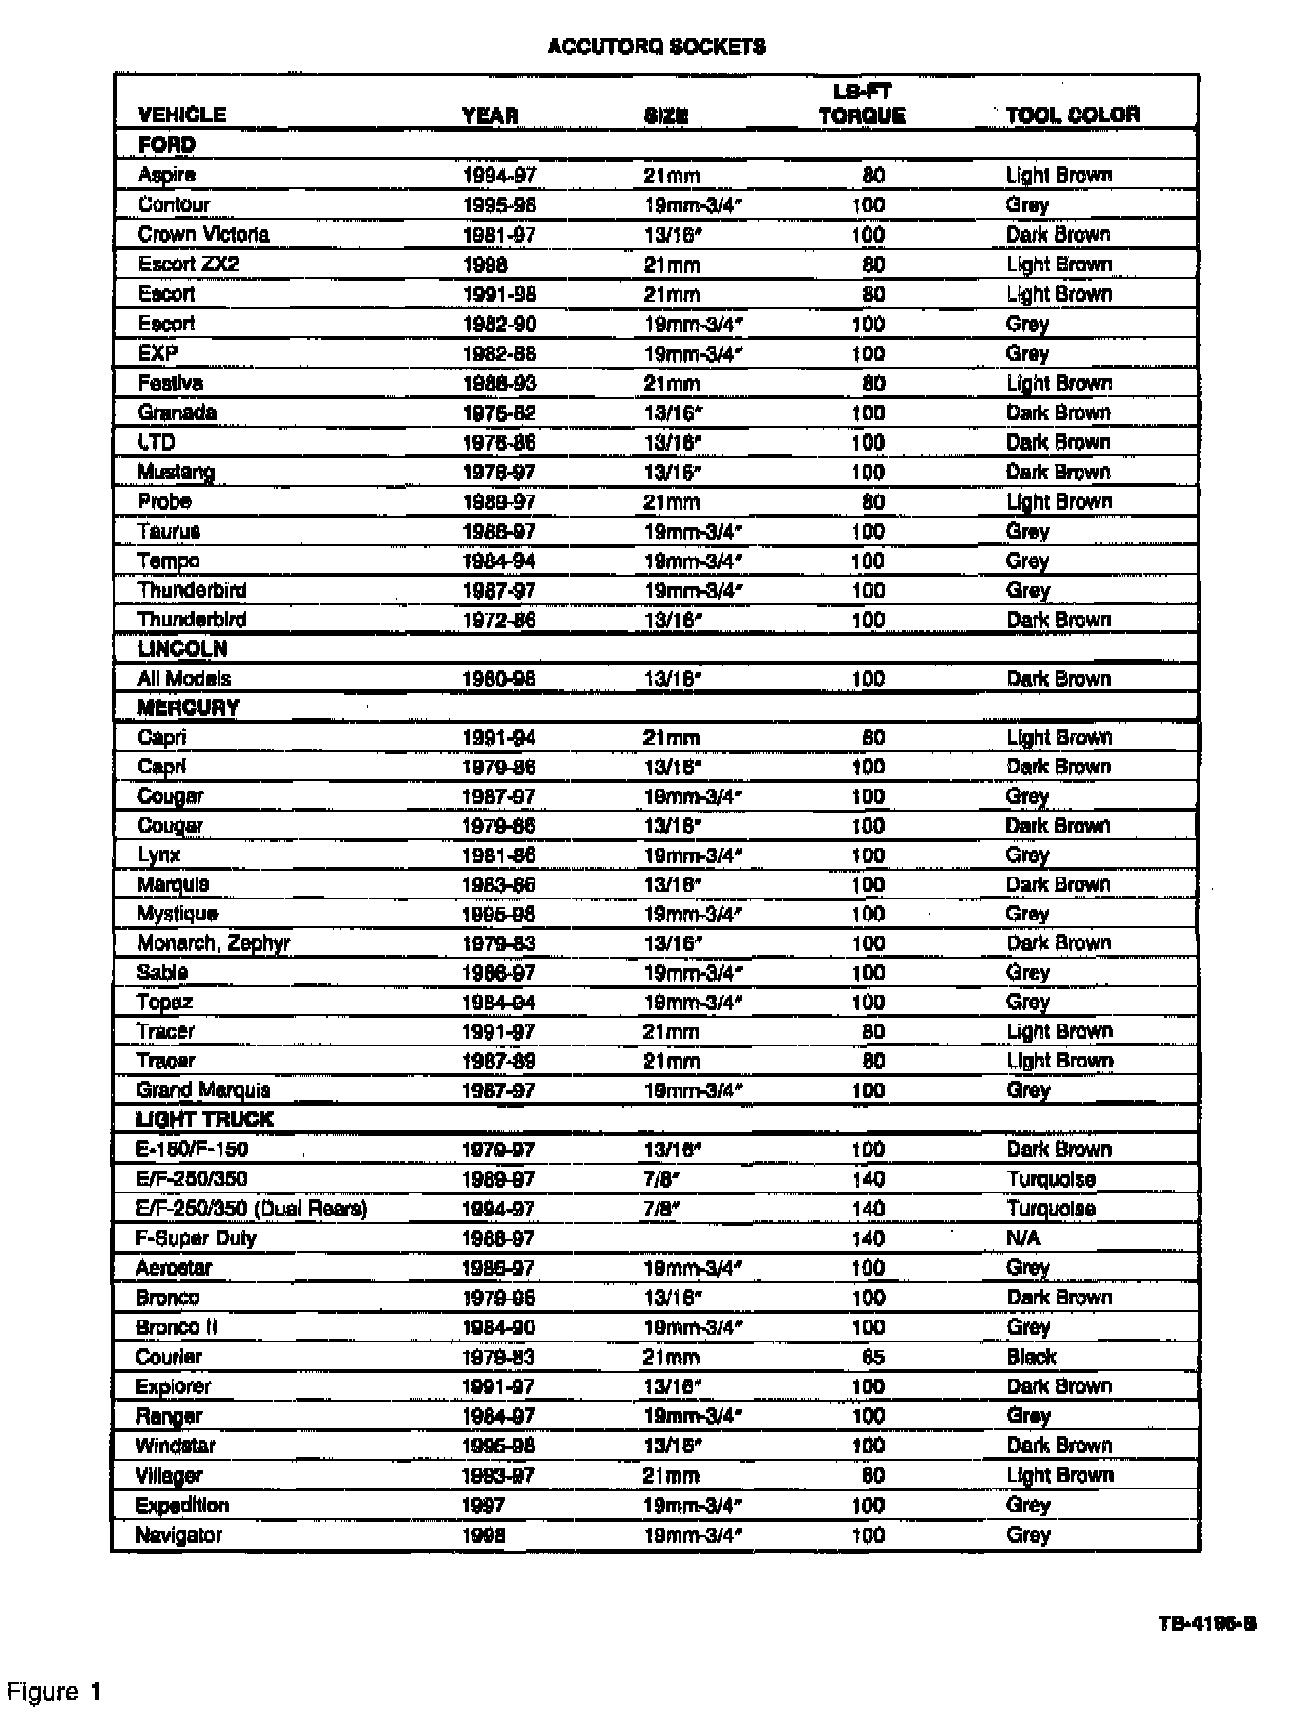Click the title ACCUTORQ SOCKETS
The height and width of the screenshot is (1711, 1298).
pyautogui.click(x=657, y=47)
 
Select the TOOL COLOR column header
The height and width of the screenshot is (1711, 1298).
pyautogui.click(x=1072, y=116)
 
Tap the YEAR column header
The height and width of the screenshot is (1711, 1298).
pyautogui.click(x=490, y=116)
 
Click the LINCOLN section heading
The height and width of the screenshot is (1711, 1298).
pyautogui.click(x=182, y=649)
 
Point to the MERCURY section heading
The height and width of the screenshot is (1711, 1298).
pyautogui.click(x=188, y=708)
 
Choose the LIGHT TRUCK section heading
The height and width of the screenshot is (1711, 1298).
pyautogui.click(x=204, y=1120)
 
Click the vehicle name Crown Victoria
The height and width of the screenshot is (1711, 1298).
pyautogui.click(x=203, y=235)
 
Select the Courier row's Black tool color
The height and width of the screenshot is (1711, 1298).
pyautogui.click(x=1031, y=1357)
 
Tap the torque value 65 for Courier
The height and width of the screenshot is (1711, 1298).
pyautogui.click(x=872, y=1357)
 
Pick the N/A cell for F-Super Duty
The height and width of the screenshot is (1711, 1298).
pyautogui.click(x=1023, y=1238)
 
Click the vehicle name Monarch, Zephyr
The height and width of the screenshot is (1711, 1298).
pyautogui.click(x=214, y=943)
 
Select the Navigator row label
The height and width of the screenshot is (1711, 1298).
pyautogui.click(x=179, y=1535)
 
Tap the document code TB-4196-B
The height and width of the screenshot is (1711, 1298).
pyautogui.click(x=1207, y=1624)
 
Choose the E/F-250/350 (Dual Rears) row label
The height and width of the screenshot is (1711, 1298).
pyautogui.click(x=252, y=1209)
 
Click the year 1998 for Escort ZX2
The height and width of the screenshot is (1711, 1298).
pyautogui.click(x=485, y=264)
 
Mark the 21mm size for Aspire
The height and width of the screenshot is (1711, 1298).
pyautogui.click(x=671, y=176)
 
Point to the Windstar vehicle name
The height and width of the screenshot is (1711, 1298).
pyautogui.click(x=176, y=1446)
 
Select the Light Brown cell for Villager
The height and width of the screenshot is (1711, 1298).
pyautogui.click(x=1059, y=1475)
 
